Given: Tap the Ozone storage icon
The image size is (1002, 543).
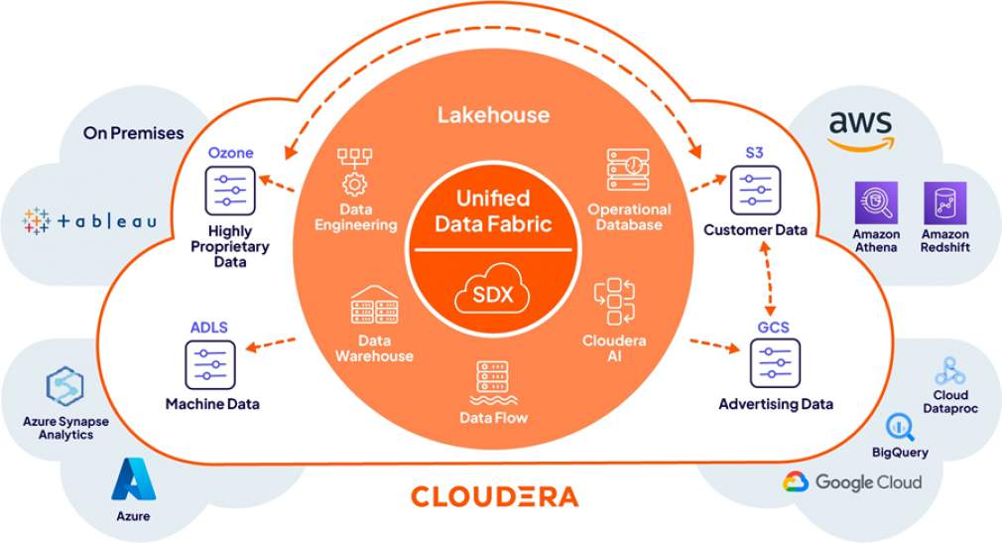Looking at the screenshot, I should [x=230, y=189].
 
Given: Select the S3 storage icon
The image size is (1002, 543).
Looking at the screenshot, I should [x=754, y=190].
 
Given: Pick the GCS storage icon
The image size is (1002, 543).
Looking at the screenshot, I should [x=774, y=363].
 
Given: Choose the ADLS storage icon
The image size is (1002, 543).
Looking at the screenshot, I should [x=210, y=364].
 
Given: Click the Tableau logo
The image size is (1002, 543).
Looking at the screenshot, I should [x=89, y=220].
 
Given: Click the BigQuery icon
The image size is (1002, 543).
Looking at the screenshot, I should [x=901, y=428].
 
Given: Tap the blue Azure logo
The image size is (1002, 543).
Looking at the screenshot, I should [x=133, y=478].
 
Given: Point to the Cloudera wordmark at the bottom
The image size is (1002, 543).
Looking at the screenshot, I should [x=493, y=495].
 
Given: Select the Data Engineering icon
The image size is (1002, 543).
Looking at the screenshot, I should [x=354, y=171].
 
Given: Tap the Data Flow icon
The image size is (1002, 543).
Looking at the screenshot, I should [x=493, y=381].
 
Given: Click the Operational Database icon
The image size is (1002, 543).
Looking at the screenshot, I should [x=628, y=170].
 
